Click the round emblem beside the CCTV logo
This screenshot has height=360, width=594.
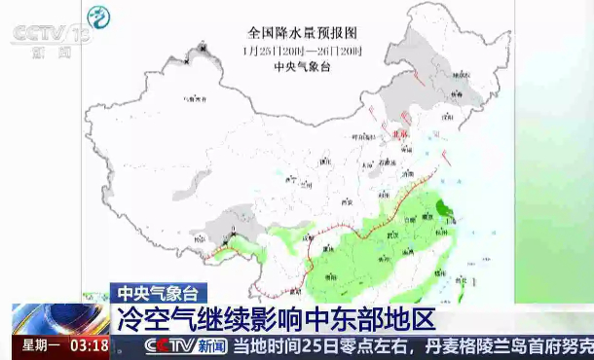99,18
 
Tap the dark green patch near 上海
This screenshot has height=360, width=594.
443,207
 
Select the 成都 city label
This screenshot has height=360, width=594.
314,233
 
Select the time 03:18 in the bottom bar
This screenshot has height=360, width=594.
87,345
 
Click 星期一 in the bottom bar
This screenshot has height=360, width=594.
42,345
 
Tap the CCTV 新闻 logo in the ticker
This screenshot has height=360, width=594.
185,345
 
